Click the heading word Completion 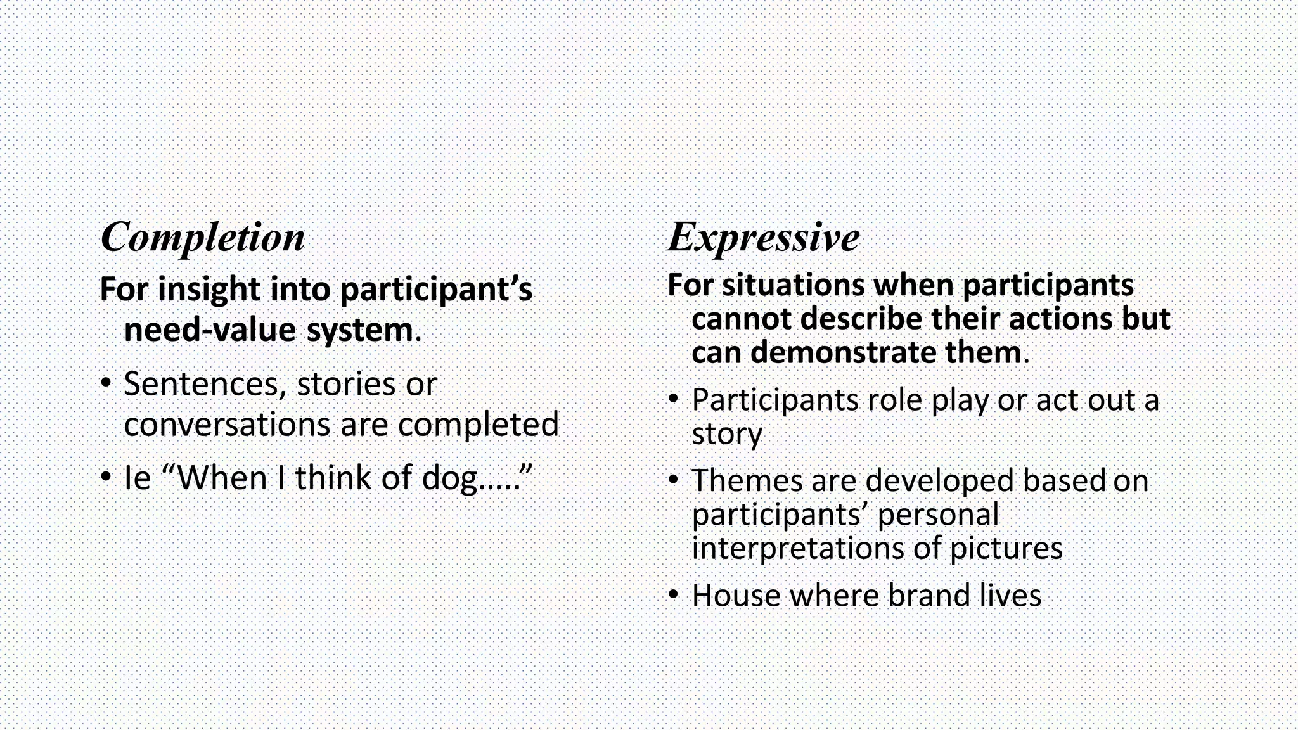202,238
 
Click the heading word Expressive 764,238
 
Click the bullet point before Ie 106,477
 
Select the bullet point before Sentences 106,383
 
